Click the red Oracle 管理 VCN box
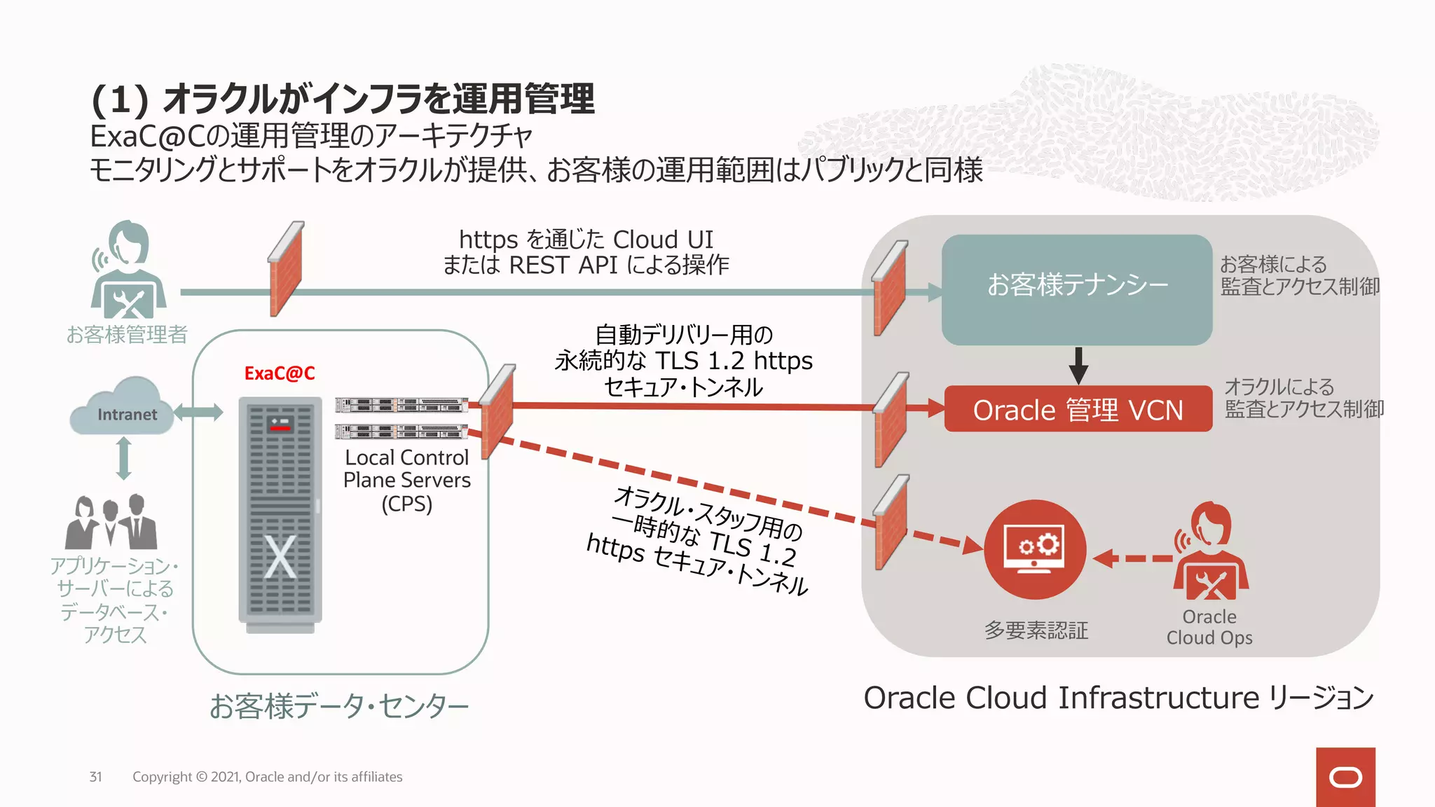[x=1078, y=409]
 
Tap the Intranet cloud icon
[x=123, y=408]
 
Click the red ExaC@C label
[x=279, y=373]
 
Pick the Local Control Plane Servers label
[x=406, y=480]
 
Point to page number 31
[x=96, y=776]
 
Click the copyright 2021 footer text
[x=267, y=776]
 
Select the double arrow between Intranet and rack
[x=198, y=412]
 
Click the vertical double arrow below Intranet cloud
[x=124, y=458]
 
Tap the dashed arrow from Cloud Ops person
[x=1132, y=558]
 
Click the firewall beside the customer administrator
[x=286, y=269]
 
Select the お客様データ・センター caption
[x=339, y=706]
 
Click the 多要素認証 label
[x=1036, y=630]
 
